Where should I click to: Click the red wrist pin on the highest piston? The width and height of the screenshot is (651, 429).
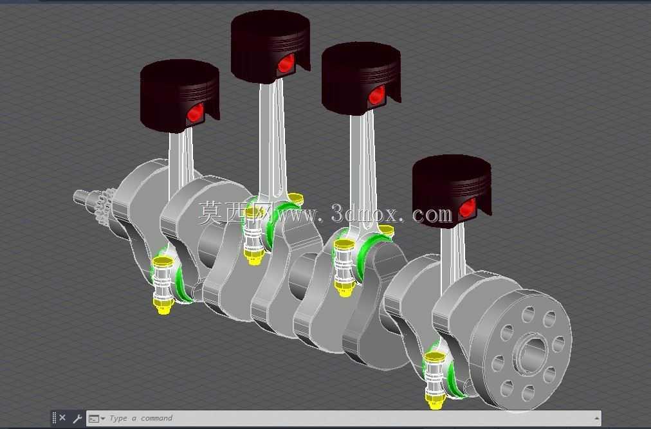286,63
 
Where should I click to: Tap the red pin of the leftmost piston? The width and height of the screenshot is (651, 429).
195,113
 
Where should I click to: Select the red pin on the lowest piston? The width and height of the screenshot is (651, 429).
468,208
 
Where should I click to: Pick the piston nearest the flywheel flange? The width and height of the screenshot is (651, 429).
452,190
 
